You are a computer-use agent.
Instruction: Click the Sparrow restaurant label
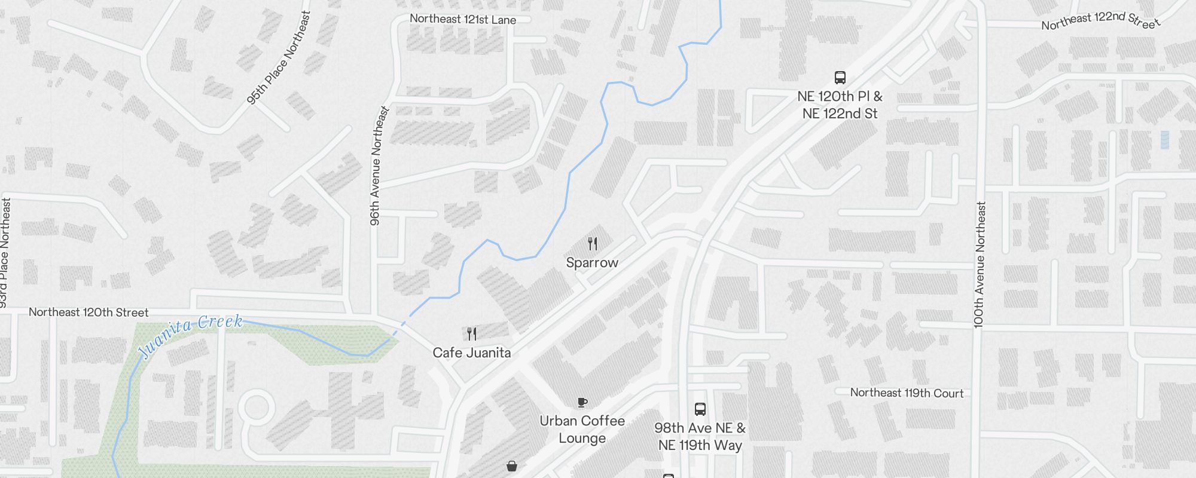tap(592, 263)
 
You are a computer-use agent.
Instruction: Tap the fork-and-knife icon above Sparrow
tap(593, 244)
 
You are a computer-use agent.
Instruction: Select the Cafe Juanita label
tap(472, 353)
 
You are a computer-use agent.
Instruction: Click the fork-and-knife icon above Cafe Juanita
tap(472, 333)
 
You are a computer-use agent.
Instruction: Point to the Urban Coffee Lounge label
tap(582, 429)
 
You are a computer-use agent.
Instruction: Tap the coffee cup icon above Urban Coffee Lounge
tap(582, 403)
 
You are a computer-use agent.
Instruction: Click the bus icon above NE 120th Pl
tap(840, 77)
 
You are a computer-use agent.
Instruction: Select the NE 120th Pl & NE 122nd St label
tap(840, 105)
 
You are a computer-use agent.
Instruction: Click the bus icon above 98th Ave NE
tap(700, 409)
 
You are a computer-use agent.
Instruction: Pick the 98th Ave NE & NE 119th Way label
tap(700, 437)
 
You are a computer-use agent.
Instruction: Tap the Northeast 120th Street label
tap(89, 312)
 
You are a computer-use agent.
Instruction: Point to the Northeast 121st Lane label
tap(463, 19)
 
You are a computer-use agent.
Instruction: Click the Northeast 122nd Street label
tap(1101, 21)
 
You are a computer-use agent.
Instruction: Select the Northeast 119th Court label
tap(907, 393)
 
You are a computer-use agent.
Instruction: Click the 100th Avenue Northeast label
tap(979, 265)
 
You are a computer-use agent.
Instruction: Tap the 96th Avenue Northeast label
tap(376, 166)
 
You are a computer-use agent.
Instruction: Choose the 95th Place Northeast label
tap(279, 58)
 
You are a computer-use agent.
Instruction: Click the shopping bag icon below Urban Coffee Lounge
tap(512, 466)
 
